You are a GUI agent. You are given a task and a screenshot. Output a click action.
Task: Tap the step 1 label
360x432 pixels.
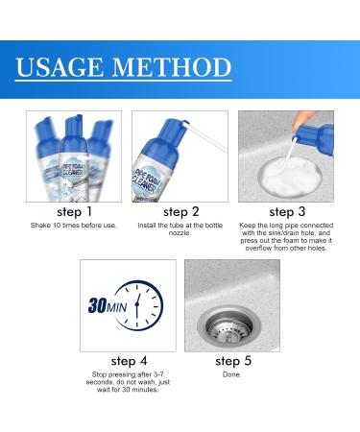[x=75, y=211]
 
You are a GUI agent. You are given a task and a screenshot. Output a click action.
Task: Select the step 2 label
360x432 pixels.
[x=180, y=211]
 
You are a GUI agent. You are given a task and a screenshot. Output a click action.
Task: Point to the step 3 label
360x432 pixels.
[x=286, y=211]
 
